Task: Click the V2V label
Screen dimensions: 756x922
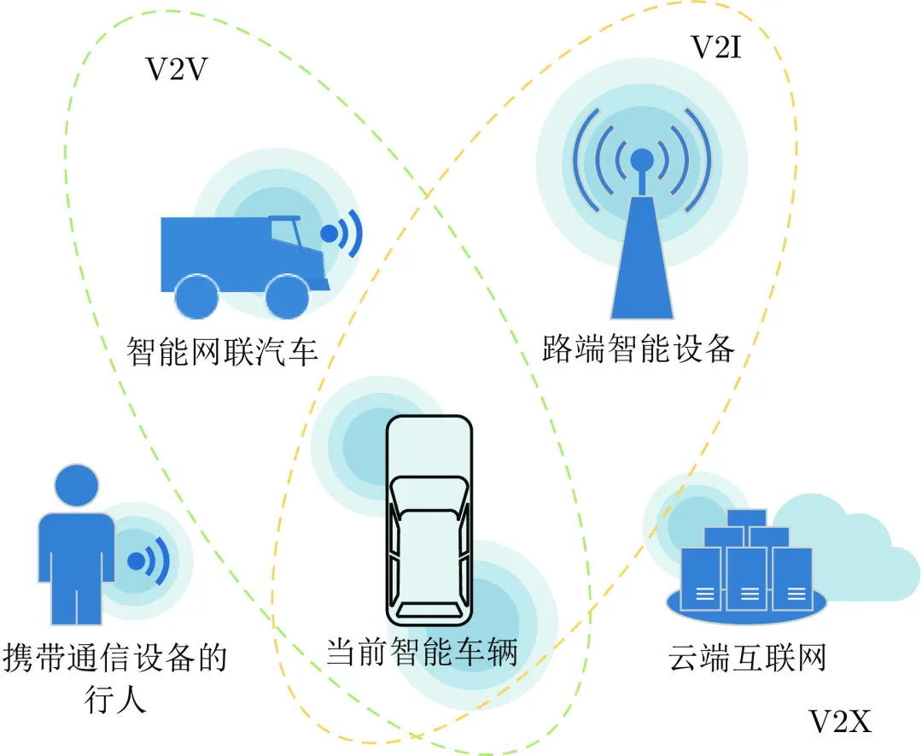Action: pyautogui.click(x=177, y=68)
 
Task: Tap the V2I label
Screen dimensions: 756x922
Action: pyautogui.click(x=715, y=49)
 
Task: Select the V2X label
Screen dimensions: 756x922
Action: pyautogui.click(x=840, y=723)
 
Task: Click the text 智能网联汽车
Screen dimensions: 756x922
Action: pyautogui.click(x=223, y=351)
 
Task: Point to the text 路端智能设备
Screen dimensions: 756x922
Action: pyautogui.click(x=639, y=348)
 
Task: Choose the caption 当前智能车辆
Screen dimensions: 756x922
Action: pyautogui.click(x=422, y=653)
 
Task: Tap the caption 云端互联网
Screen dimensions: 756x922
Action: pyautogui.click(x=748, y=659)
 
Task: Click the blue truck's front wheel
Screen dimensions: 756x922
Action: pyautogui.click(x=286, y=296)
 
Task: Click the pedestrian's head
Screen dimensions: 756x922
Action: pyautogui.click(x=78, y=486)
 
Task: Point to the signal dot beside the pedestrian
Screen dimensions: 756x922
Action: pyautogui.click(x=136, y=561)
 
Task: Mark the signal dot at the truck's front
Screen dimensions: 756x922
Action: pyautogui.click(x=329, y=232)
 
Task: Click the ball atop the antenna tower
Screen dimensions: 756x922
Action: pyautogui.click(x=642, y=159)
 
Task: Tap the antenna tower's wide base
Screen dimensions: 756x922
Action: pyautogui.click(x=642, y=290)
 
